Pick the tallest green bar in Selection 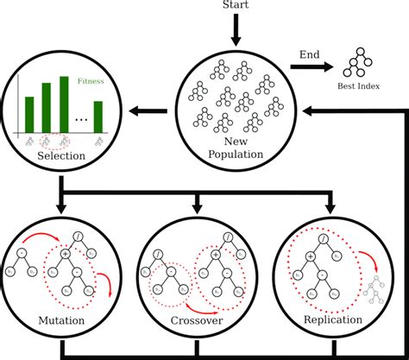click(63, 103)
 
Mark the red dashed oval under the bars click(59, 140)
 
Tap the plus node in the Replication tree click(310, 257)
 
